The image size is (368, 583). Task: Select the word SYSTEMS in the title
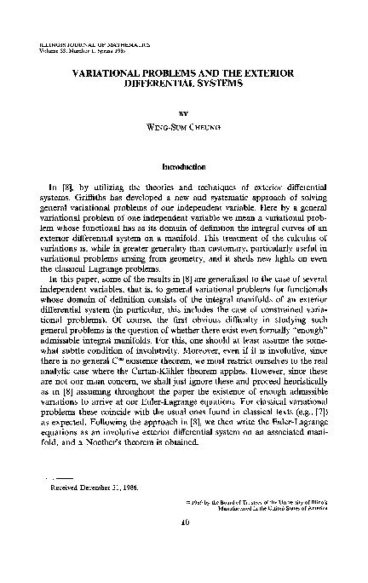(219, 87)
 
